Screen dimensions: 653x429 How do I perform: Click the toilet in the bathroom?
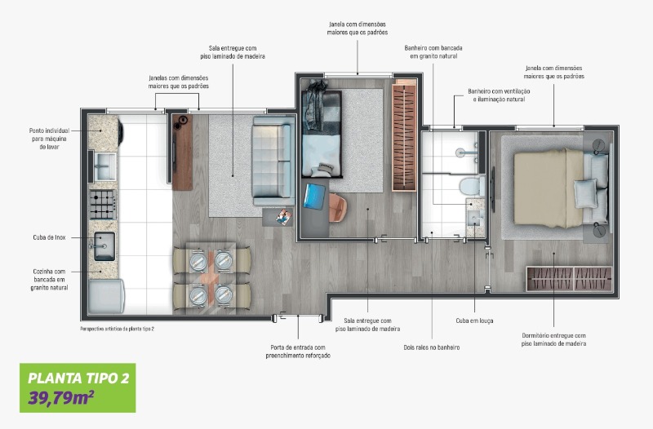pyautogui.click(x=472, y=186)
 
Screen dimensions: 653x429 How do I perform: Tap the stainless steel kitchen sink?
pyautogui.click(x=104, y=246)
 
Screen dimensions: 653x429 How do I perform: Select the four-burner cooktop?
pyautogui.click(x=103, y=205)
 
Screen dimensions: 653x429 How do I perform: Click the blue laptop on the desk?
pyautogui.click(x=314, y=197)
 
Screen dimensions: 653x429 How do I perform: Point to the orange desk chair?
pyautogui.click(x=338, y=207)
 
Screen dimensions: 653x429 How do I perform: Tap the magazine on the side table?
pyautogui.click(x=283, y=217)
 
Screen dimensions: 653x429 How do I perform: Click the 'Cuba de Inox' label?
pyautogui.click(x=49, y=237)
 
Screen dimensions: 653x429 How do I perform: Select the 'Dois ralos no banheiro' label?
pyautogui.click(x=432, y=347)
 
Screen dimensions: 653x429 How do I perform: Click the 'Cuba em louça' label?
pyautogui.click(x=474, y=321)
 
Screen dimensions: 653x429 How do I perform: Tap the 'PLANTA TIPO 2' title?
pyautogui.click(x=78, y=378)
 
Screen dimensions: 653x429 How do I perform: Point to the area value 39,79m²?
pyautogui.click(x=60, y=398)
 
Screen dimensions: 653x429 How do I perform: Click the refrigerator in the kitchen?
pyautogui.click(x=106, y=296)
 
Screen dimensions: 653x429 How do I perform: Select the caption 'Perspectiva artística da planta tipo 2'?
pyautogui.click(x=117, y=329)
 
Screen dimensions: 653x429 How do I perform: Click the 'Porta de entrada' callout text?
pyautogui.click(x=298, y=352)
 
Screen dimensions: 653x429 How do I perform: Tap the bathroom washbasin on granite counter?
pyautogui.click(x=476, y=218)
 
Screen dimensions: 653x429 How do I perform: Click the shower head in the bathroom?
pyautogui.click(x=460, y=153)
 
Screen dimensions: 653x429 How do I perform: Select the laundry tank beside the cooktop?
pyautogui.click(x=105, y=166)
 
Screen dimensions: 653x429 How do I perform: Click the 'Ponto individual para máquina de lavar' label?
pyautogui.click(x=49, y=139)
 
